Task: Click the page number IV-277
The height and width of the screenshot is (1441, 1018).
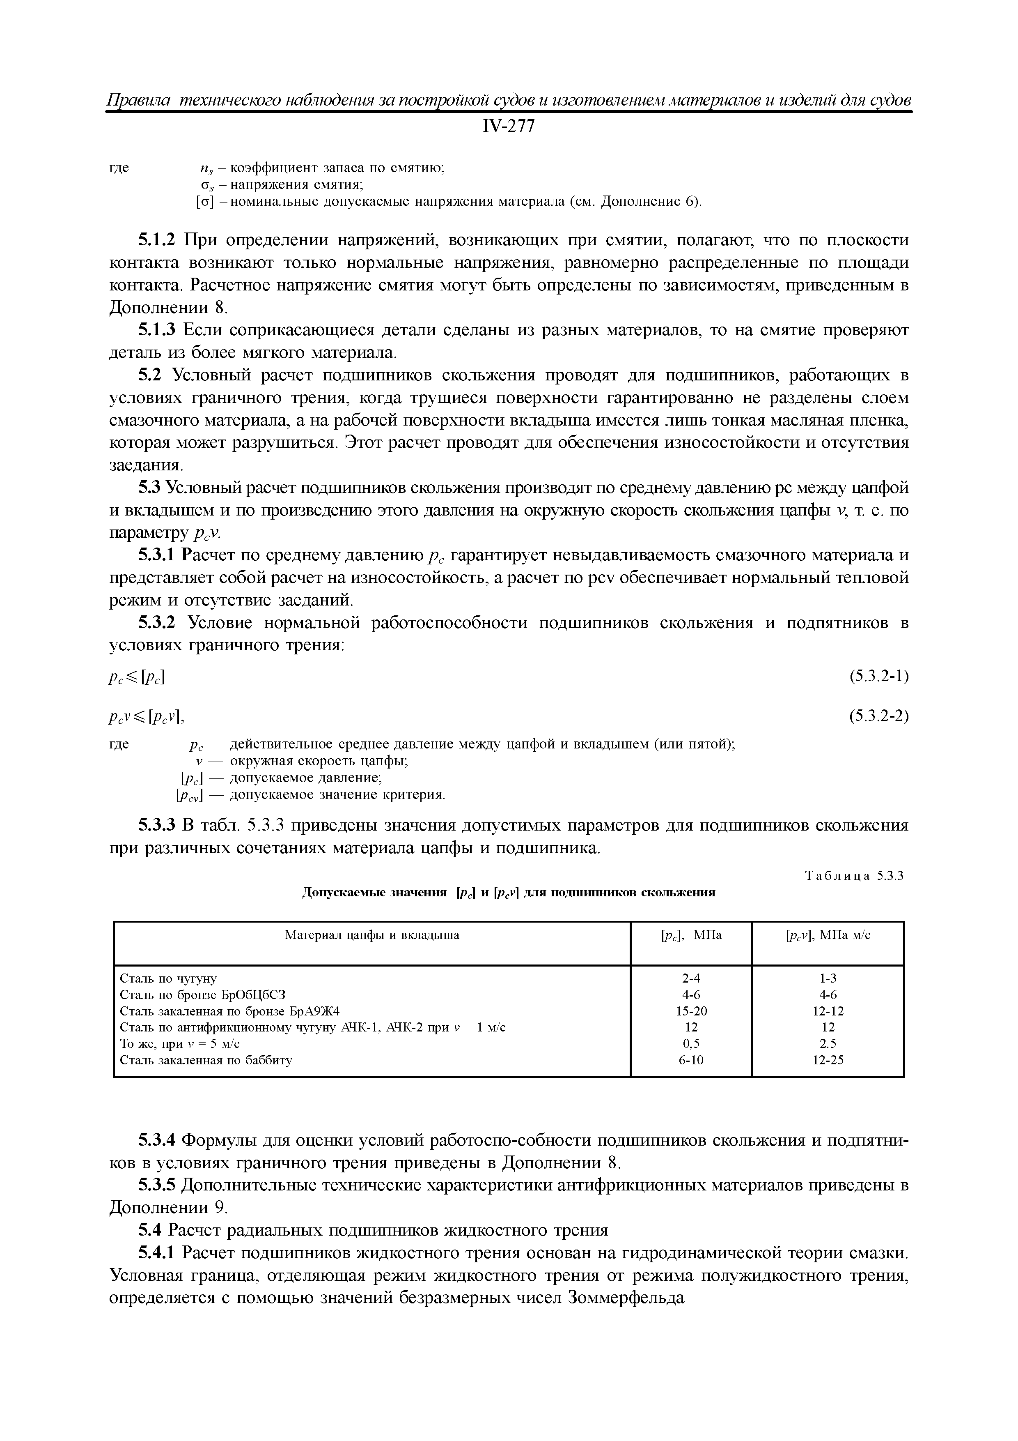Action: point(509,127)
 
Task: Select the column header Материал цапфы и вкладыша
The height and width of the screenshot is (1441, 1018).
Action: point(372,935)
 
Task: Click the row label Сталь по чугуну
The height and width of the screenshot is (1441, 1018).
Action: point(168,978)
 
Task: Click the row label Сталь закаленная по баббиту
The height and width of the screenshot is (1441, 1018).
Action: point(206,1060)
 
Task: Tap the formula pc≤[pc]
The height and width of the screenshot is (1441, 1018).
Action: point(138,677)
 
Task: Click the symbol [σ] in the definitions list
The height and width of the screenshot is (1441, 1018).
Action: point(204,202)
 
